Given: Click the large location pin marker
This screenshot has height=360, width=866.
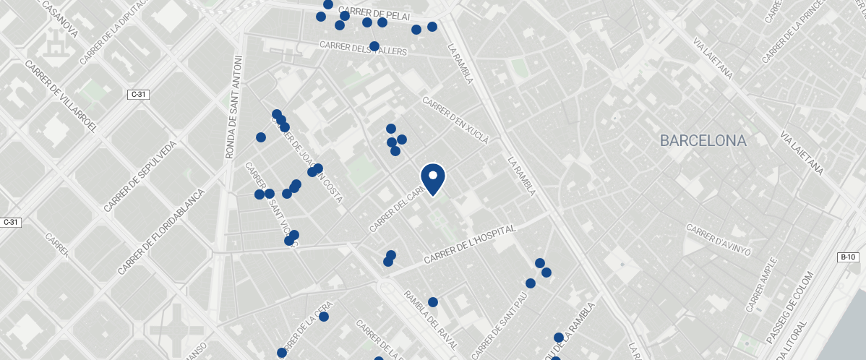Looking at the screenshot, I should [x=433, y=179].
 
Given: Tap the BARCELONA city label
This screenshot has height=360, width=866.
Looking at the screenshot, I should [x=703, y=141].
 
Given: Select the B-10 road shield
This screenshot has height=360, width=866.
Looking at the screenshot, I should [x=848, y=257].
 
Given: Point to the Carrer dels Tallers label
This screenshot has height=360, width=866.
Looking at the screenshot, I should [x=364, y=48].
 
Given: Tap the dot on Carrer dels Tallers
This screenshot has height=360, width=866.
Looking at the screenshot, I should [x=374, y=46].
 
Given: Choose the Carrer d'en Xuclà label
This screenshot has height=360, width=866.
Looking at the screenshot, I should [x=455, y=119].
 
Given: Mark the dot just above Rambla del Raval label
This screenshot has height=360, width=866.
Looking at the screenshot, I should [x=433, y=302].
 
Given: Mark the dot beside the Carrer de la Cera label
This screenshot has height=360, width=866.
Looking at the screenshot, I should [x=324, y=317].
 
